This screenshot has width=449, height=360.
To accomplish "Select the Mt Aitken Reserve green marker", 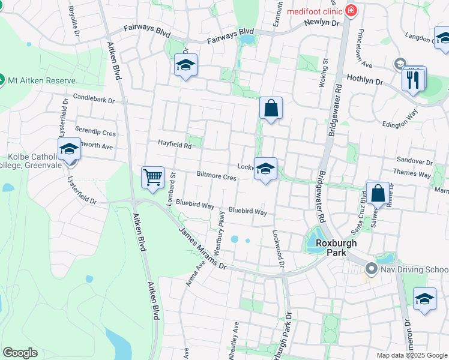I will click(2, 80).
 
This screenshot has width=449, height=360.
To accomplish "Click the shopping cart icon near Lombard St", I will click(152, 177).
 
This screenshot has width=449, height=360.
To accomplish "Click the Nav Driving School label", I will click(414, 270).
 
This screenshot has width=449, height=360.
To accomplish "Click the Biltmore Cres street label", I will click(216, 177).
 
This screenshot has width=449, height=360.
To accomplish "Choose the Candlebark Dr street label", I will click(94, 97).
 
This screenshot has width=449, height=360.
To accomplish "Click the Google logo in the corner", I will click(20, 353).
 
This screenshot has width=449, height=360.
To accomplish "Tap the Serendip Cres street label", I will click(95, 131).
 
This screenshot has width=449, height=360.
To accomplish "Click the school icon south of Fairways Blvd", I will click(186, 65).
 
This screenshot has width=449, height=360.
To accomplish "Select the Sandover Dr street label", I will click(414, 161).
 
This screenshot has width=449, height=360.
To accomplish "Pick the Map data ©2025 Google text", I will click(411, 355).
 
